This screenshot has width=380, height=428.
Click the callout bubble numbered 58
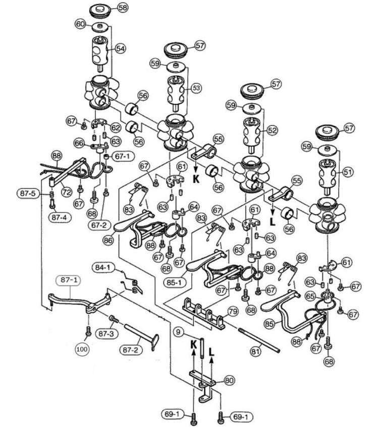[123, 8]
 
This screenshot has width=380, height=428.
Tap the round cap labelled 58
[99, 11]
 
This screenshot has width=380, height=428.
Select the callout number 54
[120, 49]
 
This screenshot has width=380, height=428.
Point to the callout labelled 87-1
[69, 280]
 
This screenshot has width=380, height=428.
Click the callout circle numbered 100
[82, 349]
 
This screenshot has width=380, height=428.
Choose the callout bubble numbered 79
[233, 311]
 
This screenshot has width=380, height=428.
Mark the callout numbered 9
[179, 332]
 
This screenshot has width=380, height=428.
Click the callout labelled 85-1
[175, 282]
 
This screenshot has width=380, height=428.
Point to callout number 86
[108, 241]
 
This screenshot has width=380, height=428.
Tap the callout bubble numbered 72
[66, 192]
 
